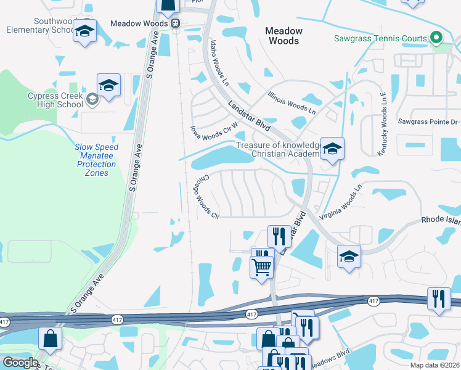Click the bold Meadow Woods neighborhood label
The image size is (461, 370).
click(284, 36)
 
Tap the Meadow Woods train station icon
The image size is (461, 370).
click(176, 23)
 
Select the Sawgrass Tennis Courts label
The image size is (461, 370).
click(380, 38)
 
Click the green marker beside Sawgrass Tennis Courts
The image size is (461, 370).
click(436, 38)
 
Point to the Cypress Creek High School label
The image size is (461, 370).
click(55, 100)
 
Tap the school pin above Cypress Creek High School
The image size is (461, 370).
click(108, 86)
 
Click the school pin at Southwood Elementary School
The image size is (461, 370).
click(84, 31)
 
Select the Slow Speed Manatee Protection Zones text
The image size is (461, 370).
click(96, 160)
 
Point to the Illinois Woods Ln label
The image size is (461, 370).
click(292, 103)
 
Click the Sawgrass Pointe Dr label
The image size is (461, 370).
click(428, 122)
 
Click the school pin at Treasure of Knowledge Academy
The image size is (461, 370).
click(332, 150)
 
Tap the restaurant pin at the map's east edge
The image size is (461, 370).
click(439, 299)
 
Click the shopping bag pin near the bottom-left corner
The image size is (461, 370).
click(50, 339)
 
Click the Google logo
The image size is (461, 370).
click(20, 363)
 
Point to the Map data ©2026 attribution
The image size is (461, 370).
click(434, 365)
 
